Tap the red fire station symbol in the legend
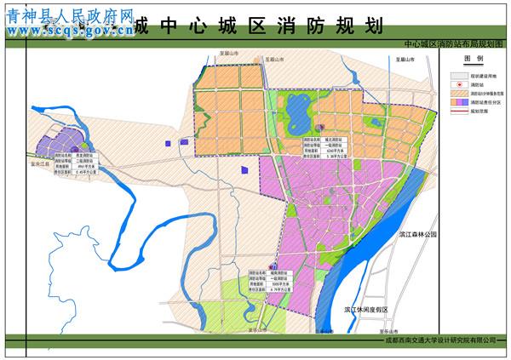tap(457, 85)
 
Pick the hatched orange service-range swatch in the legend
tap(457, 94)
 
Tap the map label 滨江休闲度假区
tap(366, 310)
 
